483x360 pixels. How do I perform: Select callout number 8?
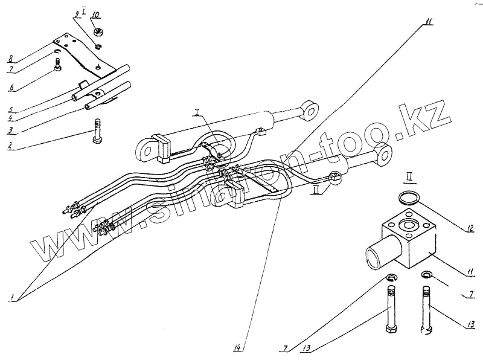[x=10, y=59]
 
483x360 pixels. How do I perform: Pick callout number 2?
[x=10, y=144]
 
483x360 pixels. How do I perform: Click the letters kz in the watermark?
[x=430, y=114]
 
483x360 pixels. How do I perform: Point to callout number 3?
[x=10, y=130]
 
